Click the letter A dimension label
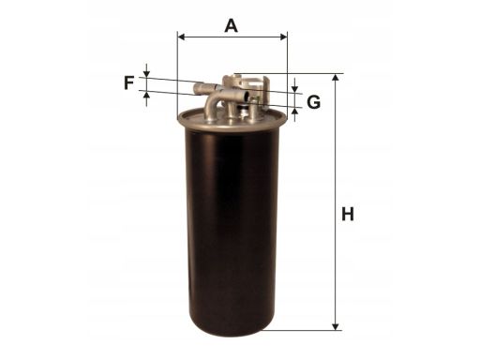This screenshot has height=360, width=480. (232, 26)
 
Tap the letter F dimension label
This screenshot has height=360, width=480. (128, 82)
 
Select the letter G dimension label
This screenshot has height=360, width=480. (313, 102)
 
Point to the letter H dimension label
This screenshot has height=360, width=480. (348, 215)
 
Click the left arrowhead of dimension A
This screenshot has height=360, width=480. (182, 37)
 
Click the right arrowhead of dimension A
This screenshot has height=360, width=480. (283, 37)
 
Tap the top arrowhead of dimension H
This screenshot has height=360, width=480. (336, 78)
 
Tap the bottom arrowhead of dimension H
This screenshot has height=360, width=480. (336, 326)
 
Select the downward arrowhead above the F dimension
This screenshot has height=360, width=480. (146, 73)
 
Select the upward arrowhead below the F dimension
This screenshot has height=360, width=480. (146, 95)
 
